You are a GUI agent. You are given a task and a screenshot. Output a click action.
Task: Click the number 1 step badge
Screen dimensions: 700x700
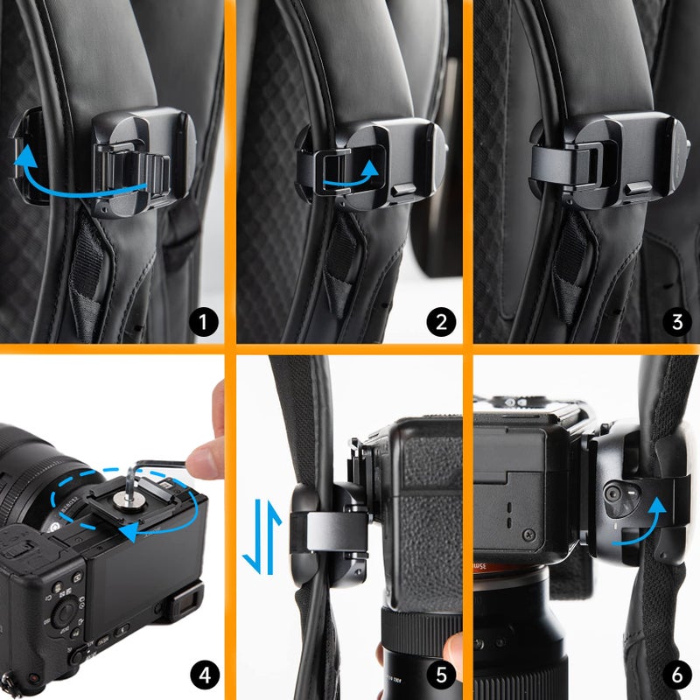tap(205, 323)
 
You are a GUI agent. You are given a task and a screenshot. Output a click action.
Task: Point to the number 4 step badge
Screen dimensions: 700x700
tap(205, 675)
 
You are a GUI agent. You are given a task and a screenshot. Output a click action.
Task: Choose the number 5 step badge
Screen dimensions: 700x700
tap(441, 675)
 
